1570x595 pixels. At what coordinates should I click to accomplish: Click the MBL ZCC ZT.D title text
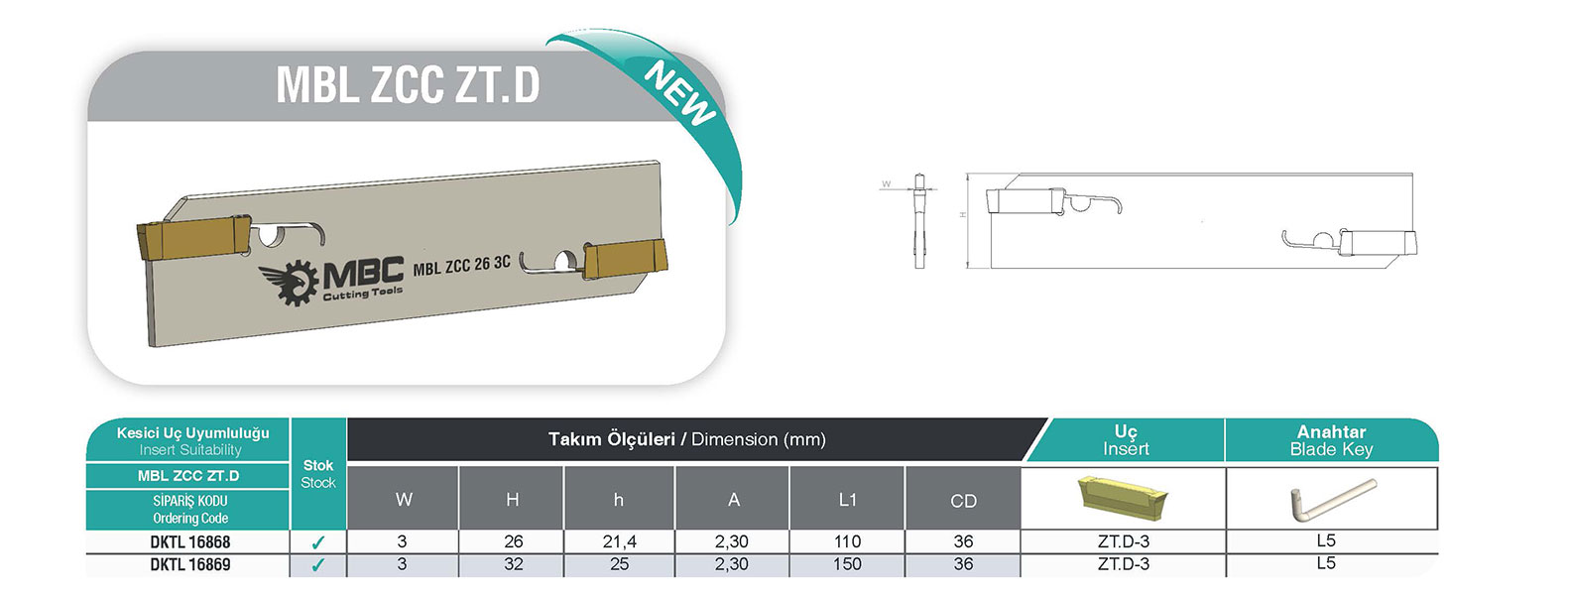click(x=408, y=85)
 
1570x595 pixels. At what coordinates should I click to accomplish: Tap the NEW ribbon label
click(x=679, y=94)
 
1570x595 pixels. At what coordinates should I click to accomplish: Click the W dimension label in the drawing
click(x=886, y=184)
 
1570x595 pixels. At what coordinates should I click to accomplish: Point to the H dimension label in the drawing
click(x=963, y=214)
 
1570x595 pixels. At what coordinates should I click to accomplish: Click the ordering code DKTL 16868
click(x=190, y=541)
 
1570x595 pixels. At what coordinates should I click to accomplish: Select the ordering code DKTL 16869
click(x=190, y=564)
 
